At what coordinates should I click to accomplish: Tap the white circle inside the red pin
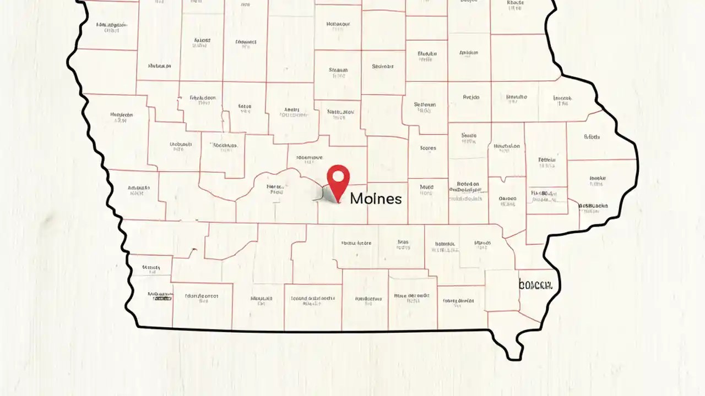click(x=338, y=177)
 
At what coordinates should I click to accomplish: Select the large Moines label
click(x=376, y=199)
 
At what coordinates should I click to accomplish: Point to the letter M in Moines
click(x=356, y=199)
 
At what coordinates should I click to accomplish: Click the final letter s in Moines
click(x=398, y=199)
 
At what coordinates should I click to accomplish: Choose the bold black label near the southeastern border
click(x=539, y=285)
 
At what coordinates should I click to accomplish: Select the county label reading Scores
click(x=428, y=148)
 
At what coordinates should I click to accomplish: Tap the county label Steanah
click(x=338, y=70)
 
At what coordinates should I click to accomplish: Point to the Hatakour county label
click(x=338, y=24)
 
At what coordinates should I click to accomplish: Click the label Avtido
click(x=471, y=97)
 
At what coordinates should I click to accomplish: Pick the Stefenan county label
click(x=425, y=105)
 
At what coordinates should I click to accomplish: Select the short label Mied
click(x=426, y=187)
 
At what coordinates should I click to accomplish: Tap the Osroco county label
click(x=507, y=198)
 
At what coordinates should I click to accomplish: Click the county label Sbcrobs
click(x=594, y=206)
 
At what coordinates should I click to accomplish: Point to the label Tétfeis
click(x=547, y=160)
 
